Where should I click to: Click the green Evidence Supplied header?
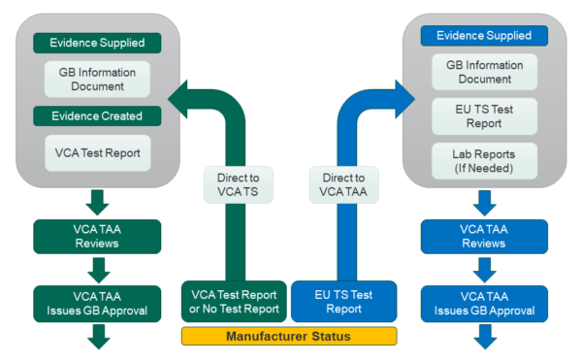pyautogui.click(x=97, y=44)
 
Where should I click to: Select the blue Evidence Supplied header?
pyautogui.click(x=484, y=36)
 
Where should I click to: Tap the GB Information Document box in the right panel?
pyautogui.click(x=484, y=72)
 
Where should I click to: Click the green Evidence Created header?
pyautogui.click(x=97, y=116)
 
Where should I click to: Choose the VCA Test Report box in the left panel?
pyautogui.click(x=97, y=153)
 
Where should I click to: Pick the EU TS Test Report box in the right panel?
pyautogui.click(x=484, y=116)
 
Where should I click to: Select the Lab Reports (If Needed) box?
pyautogui.click(x=484, y=161)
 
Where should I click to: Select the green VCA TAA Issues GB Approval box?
pyautogui.click(x=97, y=303)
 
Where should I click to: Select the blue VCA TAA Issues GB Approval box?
pyautogui.click(x=484, y=303)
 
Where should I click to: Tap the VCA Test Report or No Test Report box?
pyautogui.click(x=234, y=301)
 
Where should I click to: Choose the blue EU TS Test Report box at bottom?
pyautogui.click(x=343, y=301)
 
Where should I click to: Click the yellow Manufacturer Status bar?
pyautogui.click(x=289, y=337)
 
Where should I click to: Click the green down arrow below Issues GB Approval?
pyautogui.click(x=98, y=337)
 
